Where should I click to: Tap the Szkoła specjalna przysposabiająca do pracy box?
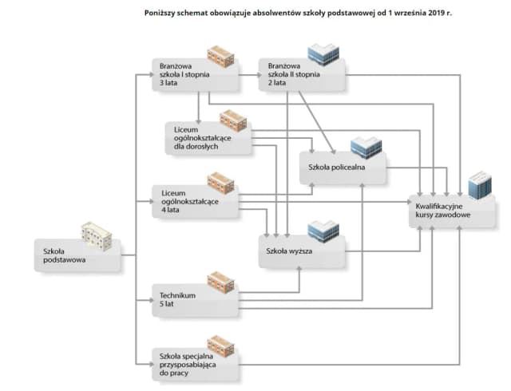pos(195,362)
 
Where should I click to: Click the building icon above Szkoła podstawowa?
pos(97,236)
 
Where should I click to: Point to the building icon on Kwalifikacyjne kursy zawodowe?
pos(480,185)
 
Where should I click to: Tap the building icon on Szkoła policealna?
pos(366,148)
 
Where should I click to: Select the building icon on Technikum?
pos(221,282)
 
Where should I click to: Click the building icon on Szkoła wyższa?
pos(323,231)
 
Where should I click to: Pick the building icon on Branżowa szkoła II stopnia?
pos(323,55)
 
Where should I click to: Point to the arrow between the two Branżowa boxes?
pos(249,75)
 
